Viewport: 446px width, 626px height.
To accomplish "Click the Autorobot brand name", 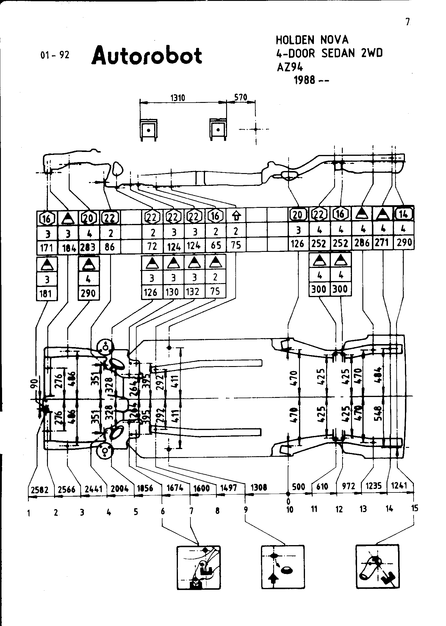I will point(147,56).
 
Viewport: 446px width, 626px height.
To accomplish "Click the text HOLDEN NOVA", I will point(312,40).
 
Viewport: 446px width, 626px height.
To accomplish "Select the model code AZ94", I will point(290,67).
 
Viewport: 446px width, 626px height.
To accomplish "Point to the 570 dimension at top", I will point(240,97).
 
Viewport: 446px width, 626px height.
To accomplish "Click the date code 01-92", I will point(55,55).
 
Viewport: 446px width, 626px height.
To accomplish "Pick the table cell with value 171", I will point(47,247).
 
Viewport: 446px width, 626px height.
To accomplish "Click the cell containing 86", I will point(110,247).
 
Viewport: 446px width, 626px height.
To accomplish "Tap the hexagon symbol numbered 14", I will point(403,214).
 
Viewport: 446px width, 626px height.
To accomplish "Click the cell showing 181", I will point(47,294).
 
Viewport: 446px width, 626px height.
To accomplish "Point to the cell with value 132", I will point(193,292).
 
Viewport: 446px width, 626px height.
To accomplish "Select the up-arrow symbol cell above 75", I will point(236,216).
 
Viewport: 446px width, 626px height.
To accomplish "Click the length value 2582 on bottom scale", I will point(39,490).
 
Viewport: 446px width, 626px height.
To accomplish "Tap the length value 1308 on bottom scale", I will point(259,487).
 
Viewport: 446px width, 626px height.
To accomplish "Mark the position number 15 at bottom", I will point(414,508).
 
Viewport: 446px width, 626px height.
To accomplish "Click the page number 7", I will point(408,22).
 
